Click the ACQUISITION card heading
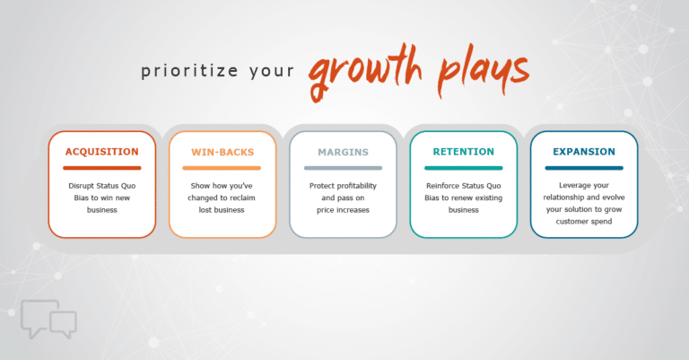point(101,152)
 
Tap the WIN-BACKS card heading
point(222,152)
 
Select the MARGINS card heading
point(343,152)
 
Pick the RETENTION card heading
point(463,152)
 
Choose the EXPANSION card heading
point(583,152)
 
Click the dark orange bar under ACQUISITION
point(101,168)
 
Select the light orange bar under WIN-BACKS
point(222,168)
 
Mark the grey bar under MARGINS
point(343,168)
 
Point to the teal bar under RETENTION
point(463,168)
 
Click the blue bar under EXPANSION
point(583,168)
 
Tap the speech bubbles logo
point(50,319)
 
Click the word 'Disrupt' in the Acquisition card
point(83,187)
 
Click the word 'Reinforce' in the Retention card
point(441,187)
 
